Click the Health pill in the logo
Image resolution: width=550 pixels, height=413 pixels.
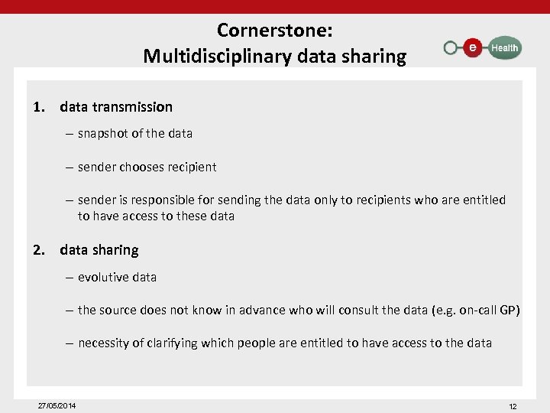(503, 47)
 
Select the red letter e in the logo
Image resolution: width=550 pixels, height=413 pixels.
(474, 47)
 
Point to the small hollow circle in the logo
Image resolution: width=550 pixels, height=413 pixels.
(451, 48)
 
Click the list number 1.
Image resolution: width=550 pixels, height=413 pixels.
(38, 107)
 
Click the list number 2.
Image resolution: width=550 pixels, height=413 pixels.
(38, 250)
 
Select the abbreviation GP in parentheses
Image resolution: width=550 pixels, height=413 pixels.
(507, 310)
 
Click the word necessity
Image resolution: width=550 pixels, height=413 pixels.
(103, 343)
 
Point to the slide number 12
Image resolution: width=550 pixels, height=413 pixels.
(513, 406)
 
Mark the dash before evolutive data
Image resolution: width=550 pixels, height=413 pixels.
(70, 277)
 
